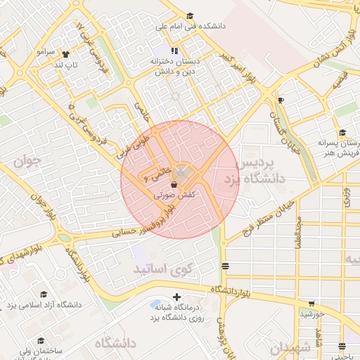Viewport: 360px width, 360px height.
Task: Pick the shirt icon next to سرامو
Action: coord(66,53)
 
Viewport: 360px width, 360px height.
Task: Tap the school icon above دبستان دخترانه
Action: coord(174,51)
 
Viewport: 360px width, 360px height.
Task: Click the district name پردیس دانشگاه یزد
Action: coord(261,171)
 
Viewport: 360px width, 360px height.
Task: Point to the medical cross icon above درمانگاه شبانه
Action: coord(176,297)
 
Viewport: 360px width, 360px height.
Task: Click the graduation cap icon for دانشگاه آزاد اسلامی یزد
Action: coord(44,295)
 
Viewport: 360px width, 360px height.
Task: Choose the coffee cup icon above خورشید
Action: coord(311,303)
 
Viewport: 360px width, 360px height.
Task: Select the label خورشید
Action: coord(312,314)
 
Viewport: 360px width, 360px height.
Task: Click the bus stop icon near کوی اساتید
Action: coord(225,266)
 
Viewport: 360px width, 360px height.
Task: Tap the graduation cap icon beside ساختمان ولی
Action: coord(43,340)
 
